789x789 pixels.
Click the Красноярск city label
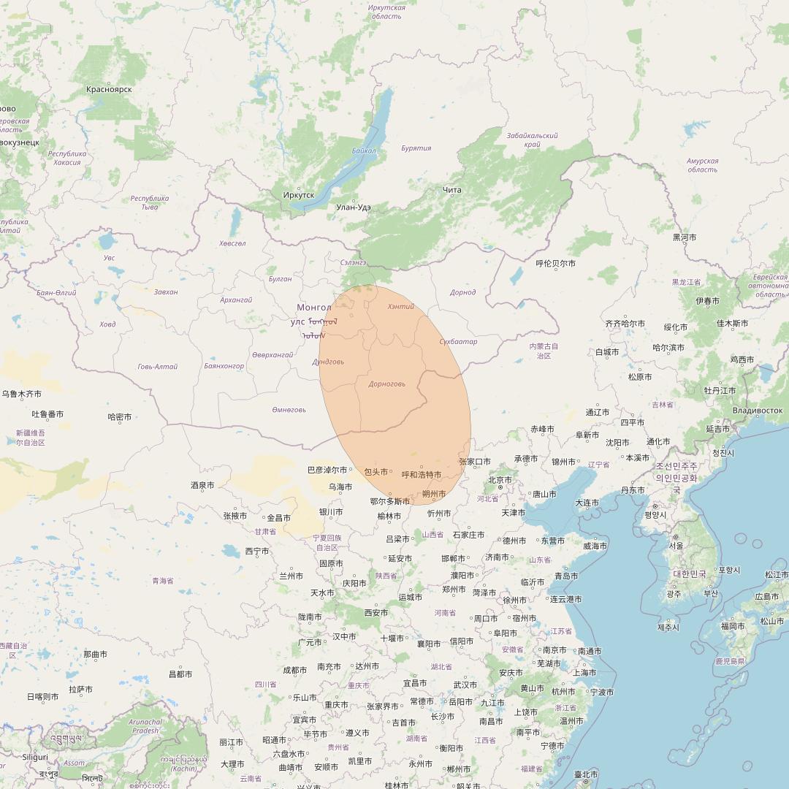[x=109, y=89]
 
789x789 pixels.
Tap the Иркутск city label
[x=298, y=195]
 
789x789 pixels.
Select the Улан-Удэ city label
[x=354, y=207]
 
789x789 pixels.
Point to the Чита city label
[x=452, y=191]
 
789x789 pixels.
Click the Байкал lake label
[x=364, y=150]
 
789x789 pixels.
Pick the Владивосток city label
[x=757, y=411]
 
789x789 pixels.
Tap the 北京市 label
[x=500, y=480]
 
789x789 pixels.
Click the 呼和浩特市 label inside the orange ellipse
[x=422, y=475]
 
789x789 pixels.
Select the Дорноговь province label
[x=387, y=384]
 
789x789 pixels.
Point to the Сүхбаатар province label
[x=458, y=342]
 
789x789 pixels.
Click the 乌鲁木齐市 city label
[x=22, y=394]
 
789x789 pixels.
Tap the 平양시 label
[x=655, y=515]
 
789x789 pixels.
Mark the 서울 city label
[x=676, y=546]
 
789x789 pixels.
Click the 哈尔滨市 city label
[x=668, y=348]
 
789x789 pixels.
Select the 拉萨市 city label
[x=80, y=690]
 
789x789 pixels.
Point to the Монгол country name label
[x=314, y=308]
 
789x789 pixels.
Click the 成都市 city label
[x=295, y=670]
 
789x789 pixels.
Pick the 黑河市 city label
[x=685, y=237]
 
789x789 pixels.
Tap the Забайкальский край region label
[x=532, y=140]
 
